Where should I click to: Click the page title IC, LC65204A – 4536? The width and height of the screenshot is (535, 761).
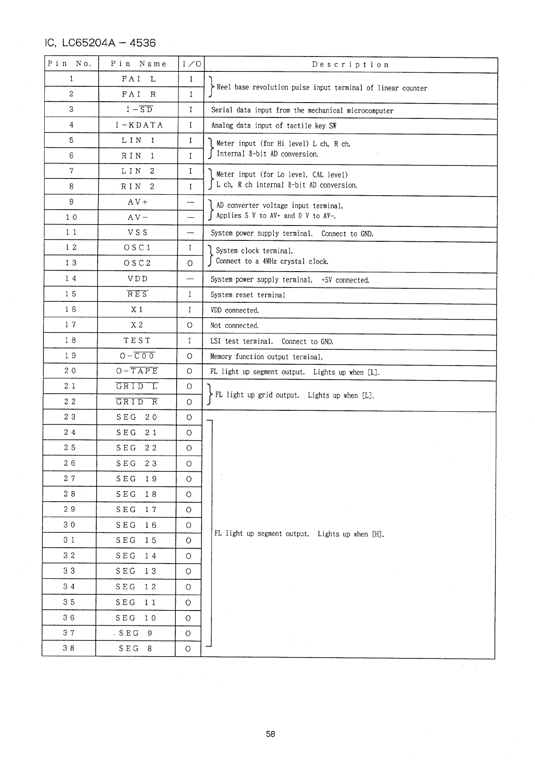pyautogui.click(x=100, y=43)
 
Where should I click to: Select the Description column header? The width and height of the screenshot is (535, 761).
pyautogui.click(x=350, y=65)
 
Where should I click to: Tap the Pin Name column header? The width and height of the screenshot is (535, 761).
pyautogui.click(x=139, y=64)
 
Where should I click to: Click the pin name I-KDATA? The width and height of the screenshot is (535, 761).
pyautogui.click(x=139, y=125)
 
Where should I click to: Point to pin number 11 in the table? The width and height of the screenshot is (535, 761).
pyautogui.click(x=71, y=232)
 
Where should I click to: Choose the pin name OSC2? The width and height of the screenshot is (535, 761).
pyautogui.click(x=137, y=263)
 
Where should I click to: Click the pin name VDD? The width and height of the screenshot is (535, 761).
pyautogui.click(x=138, y=279)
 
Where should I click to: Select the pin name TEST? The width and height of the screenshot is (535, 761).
pyautogui.click(x=137, y=340)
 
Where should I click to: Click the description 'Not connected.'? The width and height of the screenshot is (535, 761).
pyautogui.click(x=235, y=325)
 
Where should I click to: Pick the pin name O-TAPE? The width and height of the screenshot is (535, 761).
pyautogui.click(x=137, y=371)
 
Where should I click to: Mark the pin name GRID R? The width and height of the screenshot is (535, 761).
pyautogui.click(x=136, y=402)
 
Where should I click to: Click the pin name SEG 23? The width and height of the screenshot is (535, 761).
pyautogui.click(x=136, y=463)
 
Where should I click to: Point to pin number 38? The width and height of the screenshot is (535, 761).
pyautogui.click(x=69, y=648)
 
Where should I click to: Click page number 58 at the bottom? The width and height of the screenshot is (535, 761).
pyautogui.click(x=270, y=734)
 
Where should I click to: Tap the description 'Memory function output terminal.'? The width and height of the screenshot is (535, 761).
pyautogui.click(x=267, y=357)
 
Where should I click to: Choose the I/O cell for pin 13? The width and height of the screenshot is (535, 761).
pyautogui.click(x=190, y=263)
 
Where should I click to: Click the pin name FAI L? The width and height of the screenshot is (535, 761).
pyautogui.click(x=139, y=79)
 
